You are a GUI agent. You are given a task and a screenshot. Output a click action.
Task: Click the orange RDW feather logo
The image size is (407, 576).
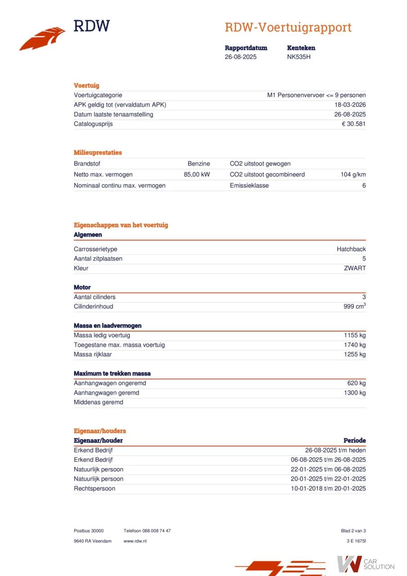click(42, 39)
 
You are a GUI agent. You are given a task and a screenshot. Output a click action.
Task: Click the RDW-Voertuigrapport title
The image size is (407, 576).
click(288, 27)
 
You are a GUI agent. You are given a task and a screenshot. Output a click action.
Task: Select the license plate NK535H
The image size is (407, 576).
click(299, 57)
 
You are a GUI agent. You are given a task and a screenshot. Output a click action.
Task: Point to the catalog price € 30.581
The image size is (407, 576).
click(353, 124)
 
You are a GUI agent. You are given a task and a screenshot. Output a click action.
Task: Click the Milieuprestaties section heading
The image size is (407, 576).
click(98, 153)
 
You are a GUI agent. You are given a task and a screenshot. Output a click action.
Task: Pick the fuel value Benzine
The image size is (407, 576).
click(199, 164)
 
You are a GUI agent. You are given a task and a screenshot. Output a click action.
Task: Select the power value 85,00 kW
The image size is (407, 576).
click(197, 175)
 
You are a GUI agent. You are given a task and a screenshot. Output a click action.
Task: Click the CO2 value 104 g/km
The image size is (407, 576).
click(353, 175)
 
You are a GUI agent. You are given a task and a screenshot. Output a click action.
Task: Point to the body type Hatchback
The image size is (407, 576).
click(351, 249)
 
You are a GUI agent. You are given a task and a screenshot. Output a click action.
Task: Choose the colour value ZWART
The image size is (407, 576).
click(355, 268)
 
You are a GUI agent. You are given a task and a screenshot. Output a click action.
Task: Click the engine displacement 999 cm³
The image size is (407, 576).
click(354, 306)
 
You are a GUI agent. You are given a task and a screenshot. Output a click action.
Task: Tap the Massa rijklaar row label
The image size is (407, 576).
click(93, 355)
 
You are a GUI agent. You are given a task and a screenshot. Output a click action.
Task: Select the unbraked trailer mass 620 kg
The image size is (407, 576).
click(356, 383)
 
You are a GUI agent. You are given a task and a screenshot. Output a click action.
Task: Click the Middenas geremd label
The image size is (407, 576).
click(98, 402)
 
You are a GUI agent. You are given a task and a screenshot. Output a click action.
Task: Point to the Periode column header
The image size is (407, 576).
click(354, 441)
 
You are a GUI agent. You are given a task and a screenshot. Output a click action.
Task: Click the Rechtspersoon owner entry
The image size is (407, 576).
click(95, 489)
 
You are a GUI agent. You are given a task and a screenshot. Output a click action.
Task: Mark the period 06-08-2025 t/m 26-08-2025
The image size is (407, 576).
click(328, 460)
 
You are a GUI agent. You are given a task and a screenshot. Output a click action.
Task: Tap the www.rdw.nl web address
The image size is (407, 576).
click(135, 541)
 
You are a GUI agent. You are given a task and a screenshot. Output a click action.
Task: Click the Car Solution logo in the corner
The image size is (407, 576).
click(366, 563)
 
